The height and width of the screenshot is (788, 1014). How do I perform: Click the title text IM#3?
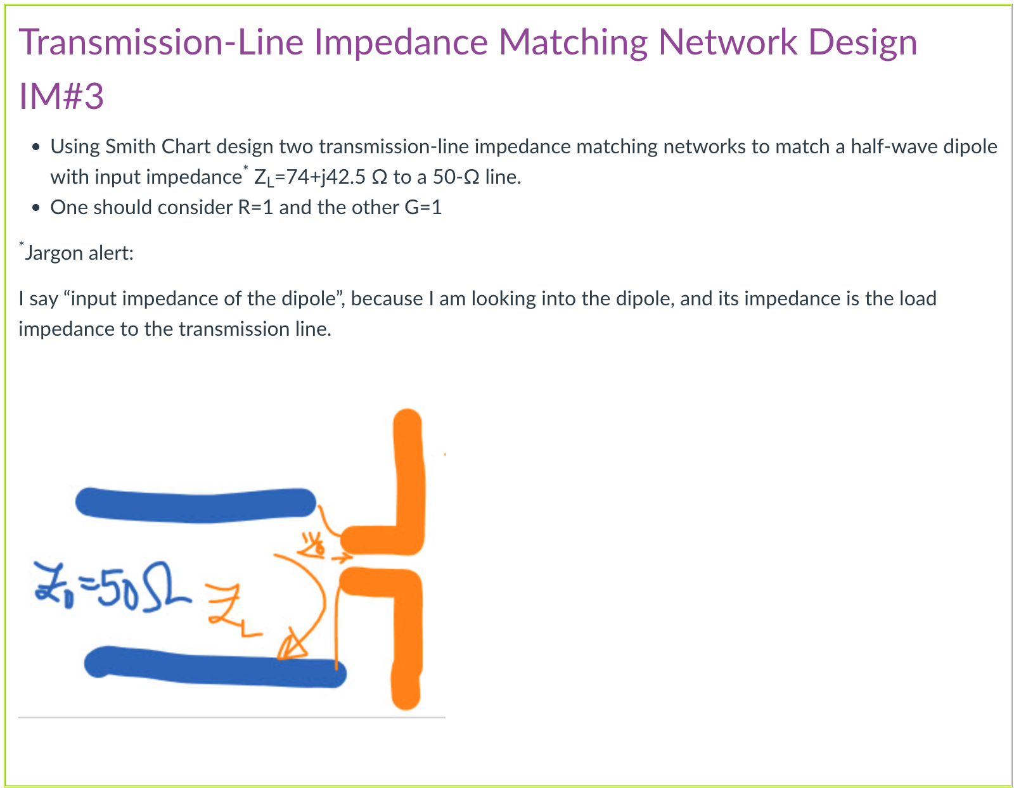[61, 96]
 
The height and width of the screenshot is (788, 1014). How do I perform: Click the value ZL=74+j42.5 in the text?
[310, 177]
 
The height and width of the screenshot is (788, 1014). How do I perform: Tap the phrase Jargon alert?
[78, 253]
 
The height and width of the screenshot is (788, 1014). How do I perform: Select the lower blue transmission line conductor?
[215, 668]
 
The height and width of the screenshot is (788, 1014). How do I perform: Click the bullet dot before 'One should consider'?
[36, 208]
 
